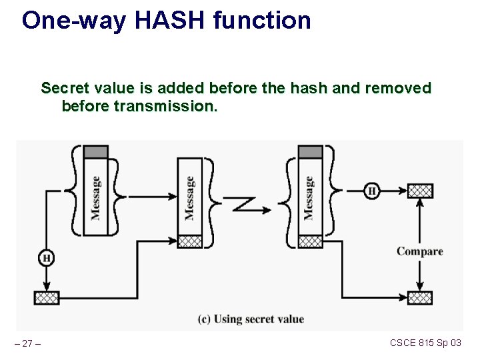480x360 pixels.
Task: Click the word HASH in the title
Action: click(x=170, y=21)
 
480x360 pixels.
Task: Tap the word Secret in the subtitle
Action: click(x=65, y=88)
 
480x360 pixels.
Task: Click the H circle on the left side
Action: click(x=46, y=257)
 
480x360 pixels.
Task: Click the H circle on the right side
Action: click(x=372, y=191)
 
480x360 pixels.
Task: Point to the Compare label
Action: click(x=419, y=251)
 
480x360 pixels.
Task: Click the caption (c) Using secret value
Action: click(x=251, y=319)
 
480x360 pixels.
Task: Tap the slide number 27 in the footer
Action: click(x=27, y=343)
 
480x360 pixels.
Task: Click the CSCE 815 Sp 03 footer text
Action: click(x=425, y=343)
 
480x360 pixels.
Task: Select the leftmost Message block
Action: click(x=95, y=197)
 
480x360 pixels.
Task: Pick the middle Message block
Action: click(x=189, y=197)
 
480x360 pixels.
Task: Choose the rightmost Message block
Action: click(x=309, y=197)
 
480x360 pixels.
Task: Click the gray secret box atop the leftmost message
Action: click(x=95, y=152)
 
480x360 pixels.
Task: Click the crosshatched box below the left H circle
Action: click(x=46, y=297)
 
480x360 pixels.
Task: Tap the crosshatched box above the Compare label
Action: click(x=419, y=191)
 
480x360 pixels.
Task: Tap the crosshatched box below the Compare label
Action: click(x=419, y=297)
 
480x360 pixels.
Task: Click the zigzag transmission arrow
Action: click(x=250, y=204)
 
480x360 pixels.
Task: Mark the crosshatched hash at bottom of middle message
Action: click(x=189, y=241)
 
